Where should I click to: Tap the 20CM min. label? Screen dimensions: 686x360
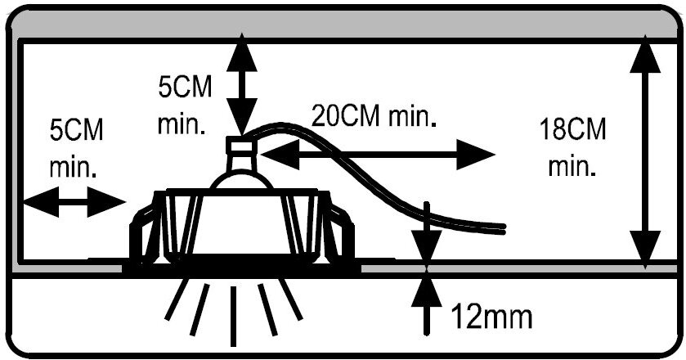click(373, 115)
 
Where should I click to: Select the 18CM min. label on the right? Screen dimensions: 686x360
click(573, 146)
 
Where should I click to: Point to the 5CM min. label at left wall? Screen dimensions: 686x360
click(75, 147)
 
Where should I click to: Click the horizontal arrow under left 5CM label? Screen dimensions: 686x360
click(74, 200)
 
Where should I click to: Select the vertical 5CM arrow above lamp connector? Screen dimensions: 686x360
click(241, 87)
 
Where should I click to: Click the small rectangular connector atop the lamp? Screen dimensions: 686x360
click(241, 146)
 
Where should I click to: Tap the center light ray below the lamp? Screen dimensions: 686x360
click(234, 315)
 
